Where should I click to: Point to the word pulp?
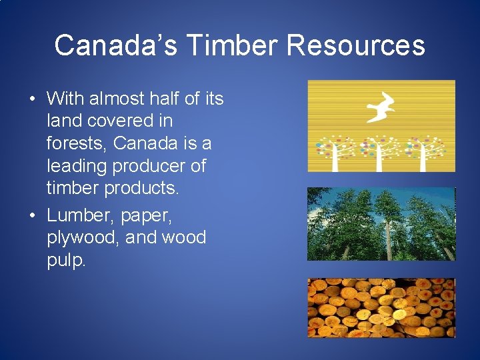click(x=66, y=261)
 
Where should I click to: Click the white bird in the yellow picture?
click(x=381, y=107)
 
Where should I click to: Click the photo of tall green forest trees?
click(x=381, y=224)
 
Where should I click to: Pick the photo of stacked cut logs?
click(x=381, y=307)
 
